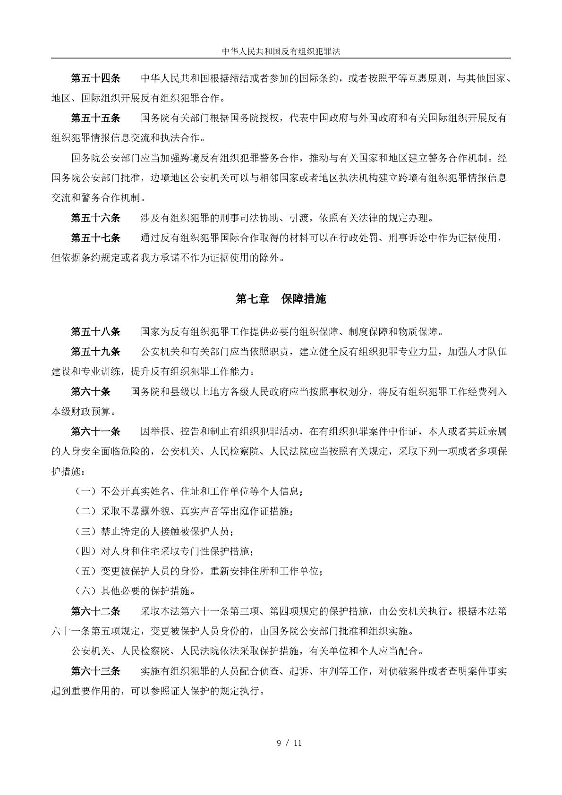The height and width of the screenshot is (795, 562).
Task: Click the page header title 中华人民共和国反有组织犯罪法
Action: pyautogui.click(x=281, y=51)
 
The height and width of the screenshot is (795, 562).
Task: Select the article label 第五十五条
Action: pyautogui.click(x=96, y=118)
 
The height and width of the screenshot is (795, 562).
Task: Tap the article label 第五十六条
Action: pyautogui.click(x=96, y=218)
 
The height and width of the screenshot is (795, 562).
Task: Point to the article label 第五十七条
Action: pyautogui.click(x=96, y=238)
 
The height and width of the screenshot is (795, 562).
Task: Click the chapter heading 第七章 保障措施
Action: pyautogui.click(x=281, y=299)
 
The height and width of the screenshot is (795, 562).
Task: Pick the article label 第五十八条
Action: pyautogui.click(x=96, y=331)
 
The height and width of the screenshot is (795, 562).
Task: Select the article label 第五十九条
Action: pyautogui.click(x=96, y=351)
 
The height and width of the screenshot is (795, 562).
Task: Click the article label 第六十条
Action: pyautogui.click(x=91, y=391)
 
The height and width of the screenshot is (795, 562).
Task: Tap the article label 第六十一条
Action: pyautogui.click(x=96, y=431)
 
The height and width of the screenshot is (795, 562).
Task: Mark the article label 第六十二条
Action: pyautogui.click(x=96, y=611)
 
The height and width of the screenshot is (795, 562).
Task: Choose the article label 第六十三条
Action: pyautogui.click(x=96, y=671)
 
